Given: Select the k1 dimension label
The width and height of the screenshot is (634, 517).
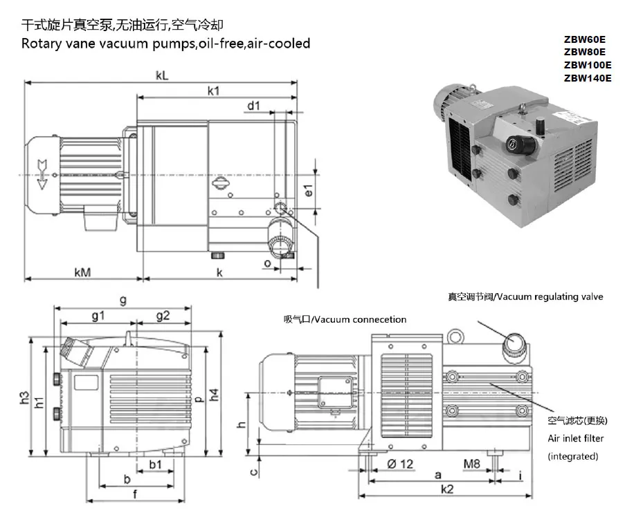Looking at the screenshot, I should [213, 91].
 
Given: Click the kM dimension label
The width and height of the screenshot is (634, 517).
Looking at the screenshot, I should [83, 272].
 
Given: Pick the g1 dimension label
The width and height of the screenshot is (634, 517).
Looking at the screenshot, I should [97, 316].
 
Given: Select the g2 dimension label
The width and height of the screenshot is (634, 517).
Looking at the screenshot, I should [163, 316].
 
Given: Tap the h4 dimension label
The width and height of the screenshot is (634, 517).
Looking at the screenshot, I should [215, 395].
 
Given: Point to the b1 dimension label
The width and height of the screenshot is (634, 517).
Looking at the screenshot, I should [156, 464].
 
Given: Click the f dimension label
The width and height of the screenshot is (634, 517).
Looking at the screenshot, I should [135, 493].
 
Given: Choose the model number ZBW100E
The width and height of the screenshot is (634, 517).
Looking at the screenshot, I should [588, 65].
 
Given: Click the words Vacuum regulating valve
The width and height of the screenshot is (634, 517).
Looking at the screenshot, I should [550, 297].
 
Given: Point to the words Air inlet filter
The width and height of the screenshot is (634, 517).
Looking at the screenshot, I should [575, 438].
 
